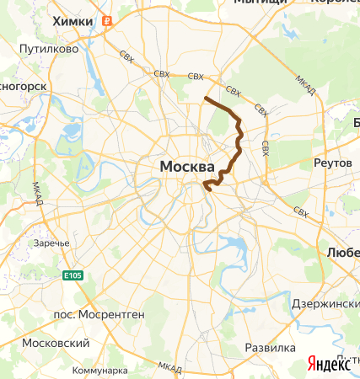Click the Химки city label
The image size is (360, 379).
[72, 21]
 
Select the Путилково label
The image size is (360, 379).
[50, 49]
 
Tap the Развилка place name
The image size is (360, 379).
[269, 347]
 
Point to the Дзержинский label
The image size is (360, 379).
[325, 303]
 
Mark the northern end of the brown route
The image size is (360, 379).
[206, 99]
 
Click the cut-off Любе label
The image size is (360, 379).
[343, 252]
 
